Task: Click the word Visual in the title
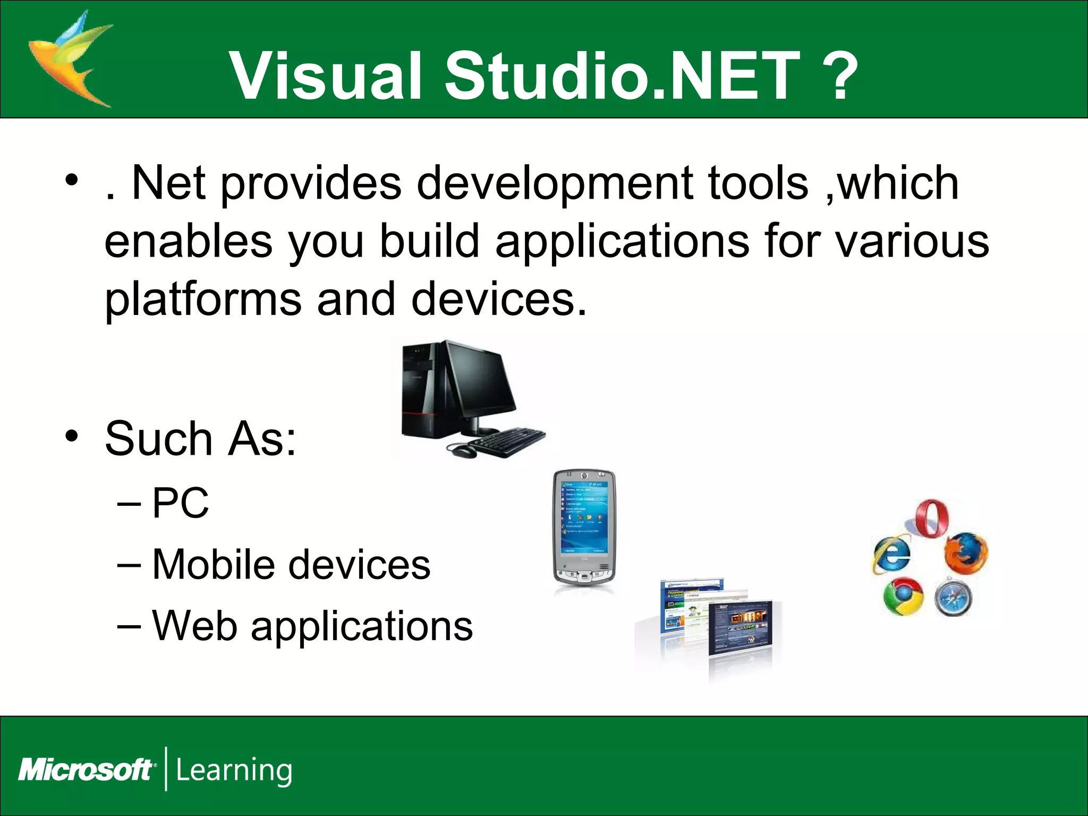(x=325, y=75)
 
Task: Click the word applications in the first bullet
(x=622, y=242)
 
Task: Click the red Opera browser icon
(x=933, y=518)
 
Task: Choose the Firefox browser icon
(x=966, y=554)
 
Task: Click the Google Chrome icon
(x=903, y=596)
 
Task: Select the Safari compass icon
(x=954, y=598)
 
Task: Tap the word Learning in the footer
(x=234, y=770)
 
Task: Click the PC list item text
(x=181, y=503)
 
